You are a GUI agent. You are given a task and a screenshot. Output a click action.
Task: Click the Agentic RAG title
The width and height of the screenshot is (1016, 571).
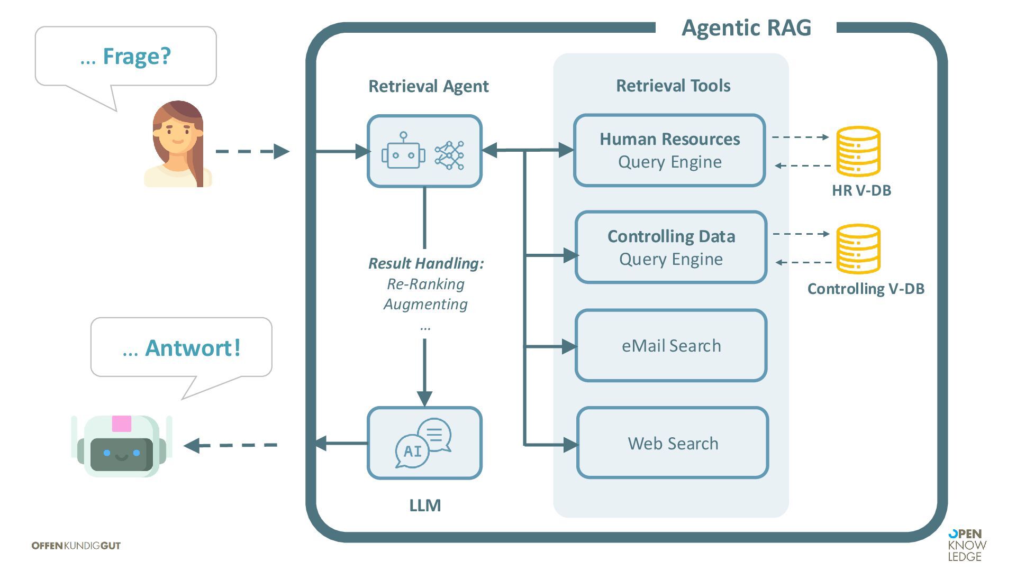click(746, 28)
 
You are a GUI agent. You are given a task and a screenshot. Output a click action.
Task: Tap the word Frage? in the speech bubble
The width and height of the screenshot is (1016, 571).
click(137, 56)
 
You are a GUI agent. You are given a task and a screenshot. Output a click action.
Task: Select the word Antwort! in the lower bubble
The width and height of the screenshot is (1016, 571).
click(193, 348)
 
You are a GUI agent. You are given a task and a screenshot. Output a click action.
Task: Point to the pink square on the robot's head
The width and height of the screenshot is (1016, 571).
click(121, 424)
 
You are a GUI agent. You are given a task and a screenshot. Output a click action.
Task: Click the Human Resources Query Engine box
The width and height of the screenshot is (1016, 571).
click(669, 151)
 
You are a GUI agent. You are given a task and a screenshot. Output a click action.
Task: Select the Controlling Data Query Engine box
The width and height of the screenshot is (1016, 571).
click(671, 247)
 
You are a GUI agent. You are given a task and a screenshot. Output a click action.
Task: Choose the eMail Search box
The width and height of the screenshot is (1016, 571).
click(671, 346)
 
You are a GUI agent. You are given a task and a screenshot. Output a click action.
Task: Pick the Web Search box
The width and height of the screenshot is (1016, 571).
click(673, 443)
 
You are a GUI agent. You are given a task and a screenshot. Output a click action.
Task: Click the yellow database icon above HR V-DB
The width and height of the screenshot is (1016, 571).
click(858, 151)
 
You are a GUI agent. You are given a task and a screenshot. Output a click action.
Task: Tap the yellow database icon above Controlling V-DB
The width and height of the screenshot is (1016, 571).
click(858, 248)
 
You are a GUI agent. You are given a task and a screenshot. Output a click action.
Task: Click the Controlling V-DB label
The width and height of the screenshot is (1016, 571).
click(866, 289)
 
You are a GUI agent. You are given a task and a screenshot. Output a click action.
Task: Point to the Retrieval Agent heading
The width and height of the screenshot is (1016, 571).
click(428, 86)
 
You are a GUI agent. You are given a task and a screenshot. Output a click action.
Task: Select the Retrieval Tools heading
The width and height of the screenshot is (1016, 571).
click(673, 86)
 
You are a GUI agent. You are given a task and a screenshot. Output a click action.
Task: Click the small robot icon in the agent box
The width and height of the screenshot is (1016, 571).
click(403, 152)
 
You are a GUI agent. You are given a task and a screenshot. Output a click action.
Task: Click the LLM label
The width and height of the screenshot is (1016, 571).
click(425, 505)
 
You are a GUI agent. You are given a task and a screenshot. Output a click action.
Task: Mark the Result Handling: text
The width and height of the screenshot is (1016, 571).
click(426, 263)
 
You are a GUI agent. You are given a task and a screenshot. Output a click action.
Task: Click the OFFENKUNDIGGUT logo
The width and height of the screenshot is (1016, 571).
click(76, 546)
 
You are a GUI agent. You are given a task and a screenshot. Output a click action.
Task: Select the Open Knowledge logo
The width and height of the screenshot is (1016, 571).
click(967, 545)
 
